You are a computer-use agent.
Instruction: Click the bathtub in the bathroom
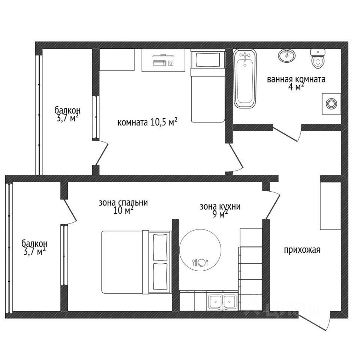[245, 79]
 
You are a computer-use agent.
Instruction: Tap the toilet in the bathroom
[318, 58]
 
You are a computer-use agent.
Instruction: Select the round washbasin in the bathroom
[287, 56]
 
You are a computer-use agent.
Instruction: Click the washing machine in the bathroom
[331, 103]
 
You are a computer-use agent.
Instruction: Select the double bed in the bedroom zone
[136, 262]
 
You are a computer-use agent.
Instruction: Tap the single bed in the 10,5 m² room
[208, 85]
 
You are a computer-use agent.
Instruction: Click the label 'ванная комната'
[296, 79]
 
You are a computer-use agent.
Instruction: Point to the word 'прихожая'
[302, 250]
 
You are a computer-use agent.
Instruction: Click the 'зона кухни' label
[220, 207]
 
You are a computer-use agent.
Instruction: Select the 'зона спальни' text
[123, 203]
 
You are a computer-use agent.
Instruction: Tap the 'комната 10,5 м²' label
[147, 122]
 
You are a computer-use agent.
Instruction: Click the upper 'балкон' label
[67, 110]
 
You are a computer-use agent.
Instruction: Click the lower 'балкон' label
[34, 243]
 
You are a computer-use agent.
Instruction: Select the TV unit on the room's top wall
[163, 60]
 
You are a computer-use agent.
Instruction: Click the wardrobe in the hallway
[331, 206]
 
